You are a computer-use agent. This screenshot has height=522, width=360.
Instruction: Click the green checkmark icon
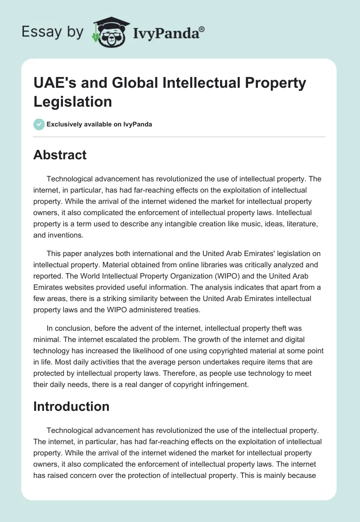39,124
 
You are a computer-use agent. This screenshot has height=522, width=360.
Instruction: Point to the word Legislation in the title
72,101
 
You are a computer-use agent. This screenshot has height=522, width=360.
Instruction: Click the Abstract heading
60,155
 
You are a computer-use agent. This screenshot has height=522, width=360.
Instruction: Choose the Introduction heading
71,406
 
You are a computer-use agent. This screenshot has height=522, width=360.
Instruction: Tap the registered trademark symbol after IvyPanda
202,29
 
